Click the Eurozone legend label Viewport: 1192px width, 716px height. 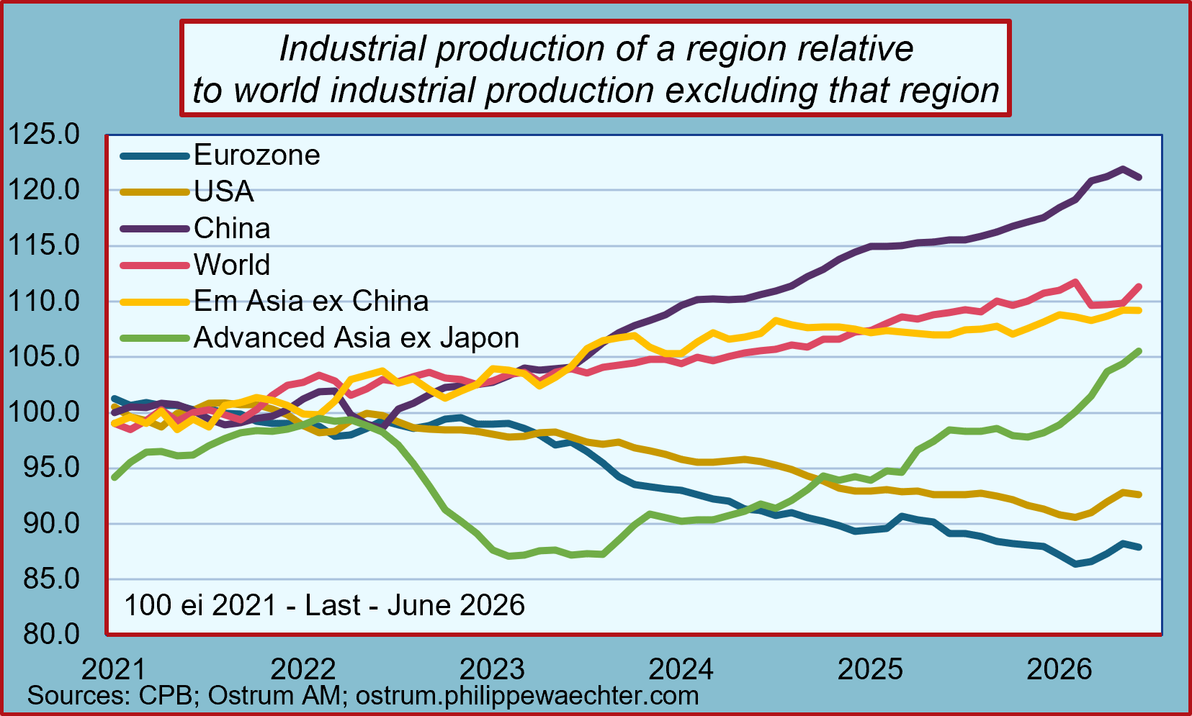(x=256, y=155)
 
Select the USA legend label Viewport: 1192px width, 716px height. (x=223, y=191)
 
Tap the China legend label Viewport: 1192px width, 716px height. (x=232, y=228)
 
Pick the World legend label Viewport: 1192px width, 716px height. (x=232, y=264)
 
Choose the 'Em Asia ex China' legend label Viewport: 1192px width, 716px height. (x=311, y=301)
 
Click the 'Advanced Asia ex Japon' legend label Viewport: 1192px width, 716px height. (x=357, y=337)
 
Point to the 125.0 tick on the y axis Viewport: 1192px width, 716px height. (x=44, y=134)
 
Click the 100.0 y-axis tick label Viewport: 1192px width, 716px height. (x=44, y=412)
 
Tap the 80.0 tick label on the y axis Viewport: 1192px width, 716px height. (x=51, y=634)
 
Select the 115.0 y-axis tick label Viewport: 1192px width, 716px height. (x=44, y=245)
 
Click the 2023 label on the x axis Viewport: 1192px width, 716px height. (x=492, y=669)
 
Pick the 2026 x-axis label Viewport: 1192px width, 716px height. (x=1059, y=669)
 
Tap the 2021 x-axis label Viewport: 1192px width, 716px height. (x=114, y=669)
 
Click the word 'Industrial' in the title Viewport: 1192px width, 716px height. (x=354, y=48)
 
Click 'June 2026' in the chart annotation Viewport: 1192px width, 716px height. (x=456, y=605)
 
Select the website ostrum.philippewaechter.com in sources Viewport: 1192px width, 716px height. (x=526, y=696)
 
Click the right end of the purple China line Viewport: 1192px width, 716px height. (x=1139, y=177)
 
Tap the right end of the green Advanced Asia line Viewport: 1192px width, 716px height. (x=1139, y=351)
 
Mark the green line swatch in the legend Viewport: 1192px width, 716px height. (x=155, y=338)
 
